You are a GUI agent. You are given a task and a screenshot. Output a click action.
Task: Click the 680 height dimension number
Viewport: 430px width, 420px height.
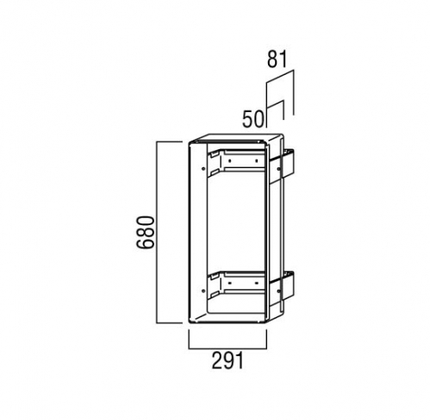coord(146,232)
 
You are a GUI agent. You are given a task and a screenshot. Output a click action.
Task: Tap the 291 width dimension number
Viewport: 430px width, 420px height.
coord(227,360)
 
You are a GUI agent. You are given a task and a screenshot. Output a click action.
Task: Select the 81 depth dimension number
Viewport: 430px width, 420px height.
coord(277,60)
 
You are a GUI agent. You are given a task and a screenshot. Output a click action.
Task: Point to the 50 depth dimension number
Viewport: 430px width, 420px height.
coord(252,119)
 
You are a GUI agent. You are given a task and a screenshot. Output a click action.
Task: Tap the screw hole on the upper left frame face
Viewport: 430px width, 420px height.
coord(203,169)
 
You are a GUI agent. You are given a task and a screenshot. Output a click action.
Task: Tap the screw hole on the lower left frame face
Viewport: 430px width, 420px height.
coord(203,291)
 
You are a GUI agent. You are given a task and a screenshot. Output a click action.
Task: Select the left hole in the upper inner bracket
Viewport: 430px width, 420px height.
coord(230,160)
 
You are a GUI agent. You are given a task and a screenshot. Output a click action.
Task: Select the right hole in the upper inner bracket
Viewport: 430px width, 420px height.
coord(256,160)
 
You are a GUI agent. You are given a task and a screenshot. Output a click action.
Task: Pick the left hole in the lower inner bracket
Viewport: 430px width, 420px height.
coord(230,283)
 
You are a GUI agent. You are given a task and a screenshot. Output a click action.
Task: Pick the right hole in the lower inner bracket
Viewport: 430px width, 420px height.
coord(256,283)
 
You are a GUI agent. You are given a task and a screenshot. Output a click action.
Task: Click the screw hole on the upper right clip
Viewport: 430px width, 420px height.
coord(278,169)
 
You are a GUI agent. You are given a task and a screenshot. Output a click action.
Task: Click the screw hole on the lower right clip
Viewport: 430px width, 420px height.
coord(278,291)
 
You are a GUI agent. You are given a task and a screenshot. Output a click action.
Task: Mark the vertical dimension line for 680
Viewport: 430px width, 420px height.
coord(157,232)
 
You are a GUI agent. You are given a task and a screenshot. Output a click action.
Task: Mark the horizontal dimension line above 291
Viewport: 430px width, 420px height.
coord(227,348)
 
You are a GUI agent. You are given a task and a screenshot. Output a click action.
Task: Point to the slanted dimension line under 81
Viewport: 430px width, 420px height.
coord(280,77)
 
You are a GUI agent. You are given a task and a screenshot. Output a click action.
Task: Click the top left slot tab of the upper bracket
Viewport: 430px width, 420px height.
coord(214,154)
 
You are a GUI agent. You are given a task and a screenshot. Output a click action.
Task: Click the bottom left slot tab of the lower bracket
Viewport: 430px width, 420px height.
coord(214,295)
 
